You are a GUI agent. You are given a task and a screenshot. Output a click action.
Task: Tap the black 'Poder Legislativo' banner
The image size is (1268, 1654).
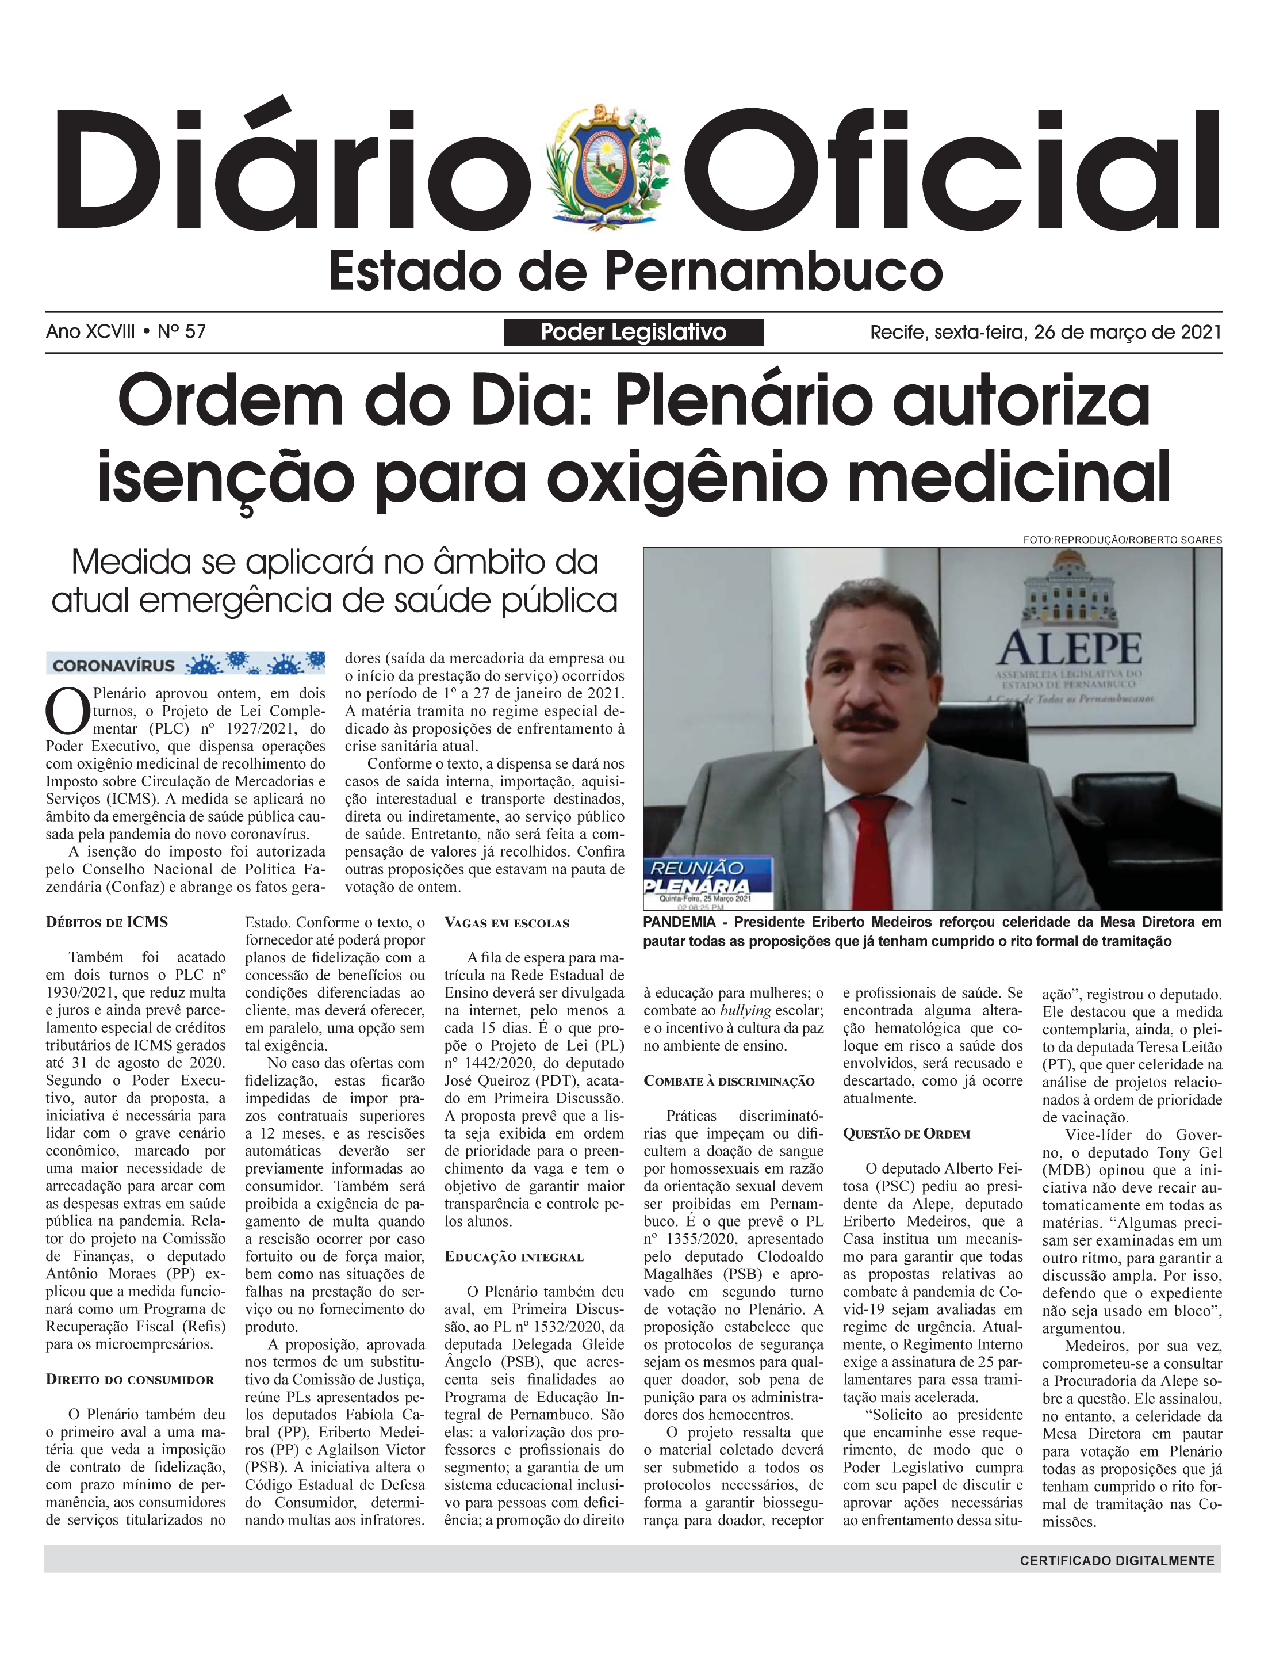[x=633, y=332]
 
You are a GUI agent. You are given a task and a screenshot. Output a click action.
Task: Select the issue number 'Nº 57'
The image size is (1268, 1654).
[x=181, y=331]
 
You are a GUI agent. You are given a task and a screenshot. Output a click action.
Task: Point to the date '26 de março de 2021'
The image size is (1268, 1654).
[x=1127, y=332]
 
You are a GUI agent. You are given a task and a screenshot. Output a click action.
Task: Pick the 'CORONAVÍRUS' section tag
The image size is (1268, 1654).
[x=114, y=665]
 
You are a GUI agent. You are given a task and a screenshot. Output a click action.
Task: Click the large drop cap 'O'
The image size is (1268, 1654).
[x=67, y=711]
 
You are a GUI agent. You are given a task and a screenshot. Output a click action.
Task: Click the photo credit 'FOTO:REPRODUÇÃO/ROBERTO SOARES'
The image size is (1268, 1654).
[x=1123, y=540]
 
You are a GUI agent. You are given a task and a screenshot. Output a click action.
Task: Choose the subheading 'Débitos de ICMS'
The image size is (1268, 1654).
[x=107, y=922]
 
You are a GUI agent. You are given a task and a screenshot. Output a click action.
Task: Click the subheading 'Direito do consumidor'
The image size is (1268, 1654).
[x=130, y=1379]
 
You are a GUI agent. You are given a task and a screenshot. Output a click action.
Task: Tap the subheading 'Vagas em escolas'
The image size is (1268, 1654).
[x=507, y=922]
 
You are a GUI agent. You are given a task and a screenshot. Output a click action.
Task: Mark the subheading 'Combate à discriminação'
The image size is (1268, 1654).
[x=729, y=1081]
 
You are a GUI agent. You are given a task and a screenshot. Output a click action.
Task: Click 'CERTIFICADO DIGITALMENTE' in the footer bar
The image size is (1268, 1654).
[x=1117, y=1560]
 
